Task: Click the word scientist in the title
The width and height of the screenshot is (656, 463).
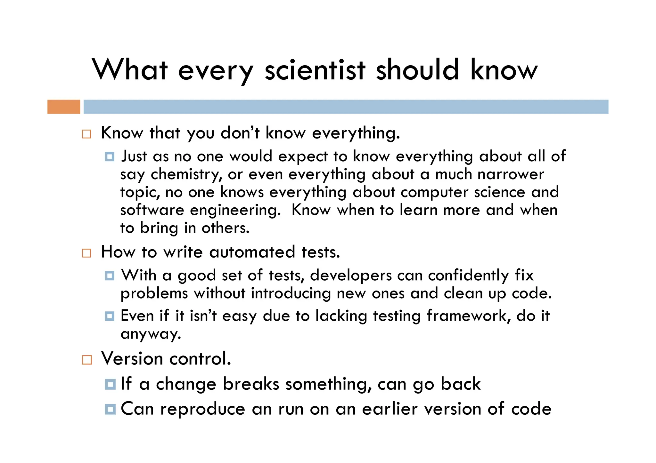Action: pyautogui.click(x=315, y=70)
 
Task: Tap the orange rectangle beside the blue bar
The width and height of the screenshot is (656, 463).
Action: pyautogui.click(x=64, y=107)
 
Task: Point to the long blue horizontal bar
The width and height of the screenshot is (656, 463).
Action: pyautogui.click(x=346, y=107)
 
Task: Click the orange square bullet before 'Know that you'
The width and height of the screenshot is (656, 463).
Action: pyautogui.click(x=86, y=134)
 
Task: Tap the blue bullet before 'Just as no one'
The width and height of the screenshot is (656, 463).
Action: pyautogui.click(x=110, y=157)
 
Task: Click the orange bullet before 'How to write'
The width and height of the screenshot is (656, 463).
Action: pyautogui.click(x=86, y=253)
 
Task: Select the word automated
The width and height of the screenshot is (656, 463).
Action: pyautogui.click(x=252, y=252)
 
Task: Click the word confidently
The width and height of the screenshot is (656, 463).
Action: pyautogui.click(x=468, y=276)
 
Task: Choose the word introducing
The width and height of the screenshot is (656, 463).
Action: pyautogui.click(x=291, y=293)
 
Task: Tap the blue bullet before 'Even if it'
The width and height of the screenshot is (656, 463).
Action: pyautogui.click(x=110, y=316)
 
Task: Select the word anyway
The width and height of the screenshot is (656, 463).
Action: pyautogui.click(x=151, y=334)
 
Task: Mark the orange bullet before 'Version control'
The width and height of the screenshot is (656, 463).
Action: pyautogui.click(x=87, y=360)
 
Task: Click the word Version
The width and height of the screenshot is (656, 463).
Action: pyautogui.click(x=132, y=359)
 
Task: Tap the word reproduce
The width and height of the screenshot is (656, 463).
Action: pyautogui.click(x=203, y=409)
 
